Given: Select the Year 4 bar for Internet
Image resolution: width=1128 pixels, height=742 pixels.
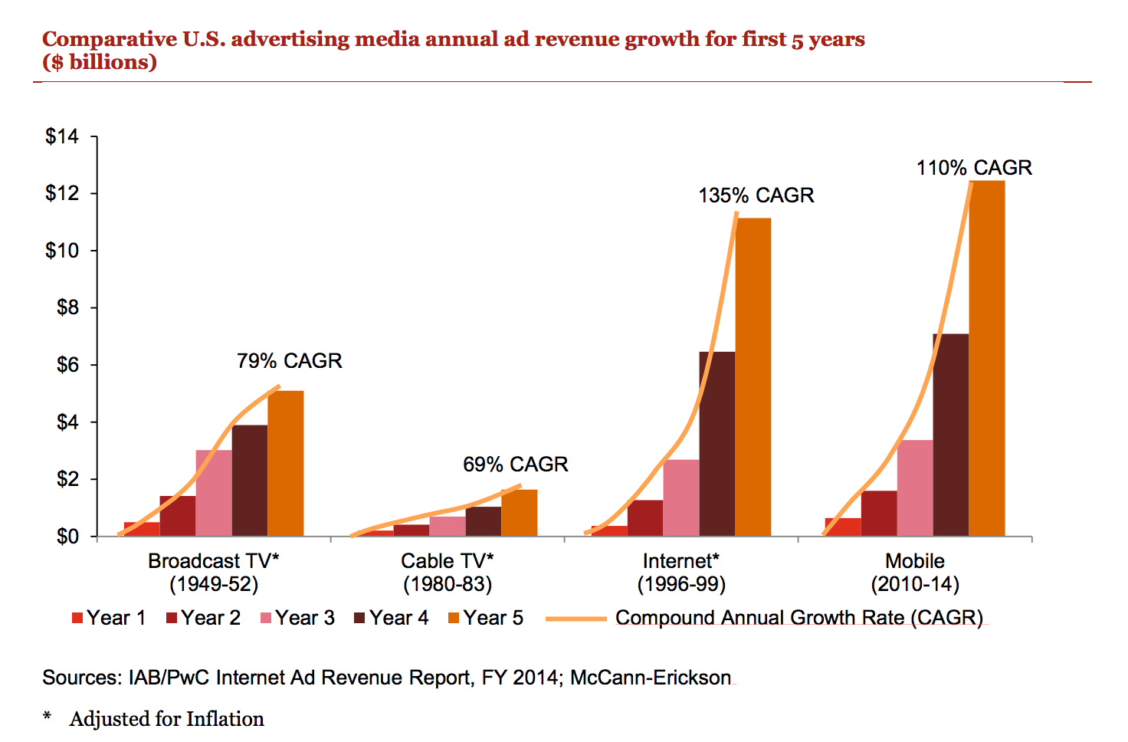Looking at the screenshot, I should tap(717, 444).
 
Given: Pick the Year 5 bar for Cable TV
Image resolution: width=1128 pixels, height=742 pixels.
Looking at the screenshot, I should tap(520, 513).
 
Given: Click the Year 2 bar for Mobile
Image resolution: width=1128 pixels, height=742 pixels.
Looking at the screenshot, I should tap(879, 514).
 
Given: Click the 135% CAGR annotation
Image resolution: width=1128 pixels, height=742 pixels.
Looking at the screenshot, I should tap(756, 195).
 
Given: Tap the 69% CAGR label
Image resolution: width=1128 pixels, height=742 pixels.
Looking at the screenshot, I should tap(515, 465).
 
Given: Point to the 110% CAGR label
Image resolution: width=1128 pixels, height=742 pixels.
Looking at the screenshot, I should tap(974, 168).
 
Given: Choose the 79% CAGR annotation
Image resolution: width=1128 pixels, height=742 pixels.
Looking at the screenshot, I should tap(289, 361).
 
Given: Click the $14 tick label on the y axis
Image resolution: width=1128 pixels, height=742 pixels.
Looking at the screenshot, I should tap(62, 136).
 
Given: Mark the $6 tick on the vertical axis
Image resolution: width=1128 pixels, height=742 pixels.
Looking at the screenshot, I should tap(67, 365).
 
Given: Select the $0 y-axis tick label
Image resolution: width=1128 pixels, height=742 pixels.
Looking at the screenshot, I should tap(67, 537).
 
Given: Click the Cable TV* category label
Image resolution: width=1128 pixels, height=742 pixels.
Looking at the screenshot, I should tap(448, 561).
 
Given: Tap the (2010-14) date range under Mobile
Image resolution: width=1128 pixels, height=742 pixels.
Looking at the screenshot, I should tap(915, 584).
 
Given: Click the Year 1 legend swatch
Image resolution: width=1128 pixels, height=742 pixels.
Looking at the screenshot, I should tap(77, 618).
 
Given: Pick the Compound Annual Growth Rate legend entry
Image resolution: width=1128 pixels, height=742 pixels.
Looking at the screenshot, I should tap(798, 618).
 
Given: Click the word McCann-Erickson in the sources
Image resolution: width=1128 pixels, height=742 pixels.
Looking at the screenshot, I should tap(651, 678).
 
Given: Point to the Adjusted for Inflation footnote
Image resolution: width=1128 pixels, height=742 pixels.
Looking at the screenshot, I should tap(166, 719).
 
